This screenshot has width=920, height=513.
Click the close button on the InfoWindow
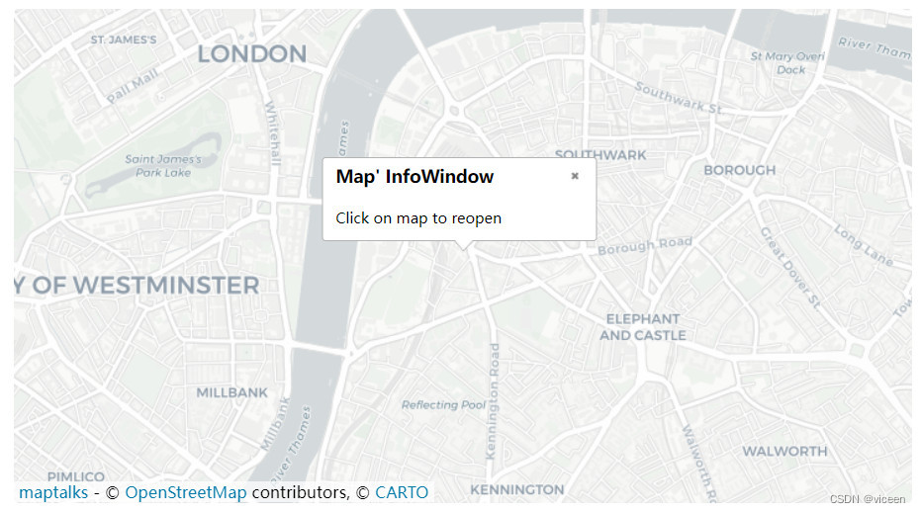coord(575,176)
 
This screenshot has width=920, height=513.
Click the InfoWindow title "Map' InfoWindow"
coord(414,177)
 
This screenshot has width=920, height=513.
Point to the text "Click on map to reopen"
coord(418,217)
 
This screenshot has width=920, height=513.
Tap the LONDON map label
coord(251,53)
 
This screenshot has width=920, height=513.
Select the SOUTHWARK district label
coord(600,154)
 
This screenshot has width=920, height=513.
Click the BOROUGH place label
coord(739,170)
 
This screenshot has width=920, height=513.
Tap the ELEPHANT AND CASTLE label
coord(643,327)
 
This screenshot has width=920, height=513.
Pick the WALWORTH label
coord(784,451)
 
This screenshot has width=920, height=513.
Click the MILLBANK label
coord(231,392)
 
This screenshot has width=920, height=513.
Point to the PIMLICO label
coord(75,476)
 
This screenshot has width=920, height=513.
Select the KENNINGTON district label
coord(516,489)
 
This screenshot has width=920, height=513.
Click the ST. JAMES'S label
coord(124,40)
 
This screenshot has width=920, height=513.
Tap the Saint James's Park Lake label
coord(163,165)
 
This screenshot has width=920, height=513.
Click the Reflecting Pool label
coord(443,404)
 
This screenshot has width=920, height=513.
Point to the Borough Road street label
coord(645,245)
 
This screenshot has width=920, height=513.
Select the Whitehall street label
coord(273,132)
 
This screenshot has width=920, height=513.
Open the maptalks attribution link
coord(53,492)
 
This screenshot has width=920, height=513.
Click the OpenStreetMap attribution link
coord(186,492)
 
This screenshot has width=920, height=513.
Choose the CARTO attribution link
coord(402,492)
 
